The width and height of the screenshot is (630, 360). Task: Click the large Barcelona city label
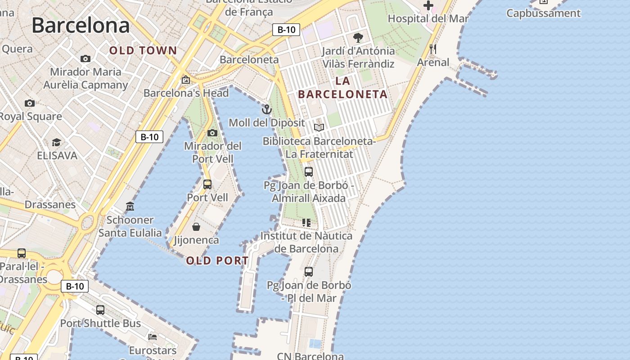click(81, 25)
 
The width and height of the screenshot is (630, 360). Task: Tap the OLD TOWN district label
click(143, 51)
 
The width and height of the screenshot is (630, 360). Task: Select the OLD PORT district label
click(217, 261)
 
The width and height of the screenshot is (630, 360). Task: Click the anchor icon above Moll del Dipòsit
click(267, 109)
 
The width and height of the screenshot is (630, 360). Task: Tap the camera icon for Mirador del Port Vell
click(212, 133)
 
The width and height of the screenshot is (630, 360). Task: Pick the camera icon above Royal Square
click(30, 103)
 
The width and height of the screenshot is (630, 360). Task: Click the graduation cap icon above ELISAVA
click(56, 143)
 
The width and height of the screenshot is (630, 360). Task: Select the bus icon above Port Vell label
click(207, 184)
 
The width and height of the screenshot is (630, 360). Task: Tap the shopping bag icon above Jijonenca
click(196, 226)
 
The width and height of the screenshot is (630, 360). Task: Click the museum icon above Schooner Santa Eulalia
click(130, 207)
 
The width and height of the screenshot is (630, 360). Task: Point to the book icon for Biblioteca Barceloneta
click(319, 128)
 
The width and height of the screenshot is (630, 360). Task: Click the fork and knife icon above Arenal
click(433, 49)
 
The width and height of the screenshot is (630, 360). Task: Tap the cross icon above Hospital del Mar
click(428, 6)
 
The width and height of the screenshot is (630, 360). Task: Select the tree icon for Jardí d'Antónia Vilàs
click(358, 37)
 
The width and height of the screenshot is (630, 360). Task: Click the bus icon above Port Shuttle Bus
click(100, 310)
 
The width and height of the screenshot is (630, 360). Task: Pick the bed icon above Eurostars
click(153, 337)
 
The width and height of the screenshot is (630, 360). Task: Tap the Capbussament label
click(543, 13)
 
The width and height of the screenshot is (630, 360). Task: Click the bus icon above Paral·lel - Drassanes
click(22, 253)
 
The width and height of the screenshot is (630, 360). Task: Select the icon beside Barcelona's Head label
click(185, 80)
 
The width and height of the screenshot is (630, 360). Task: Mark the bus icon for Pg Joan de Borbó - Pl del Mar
click(308, 271)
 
